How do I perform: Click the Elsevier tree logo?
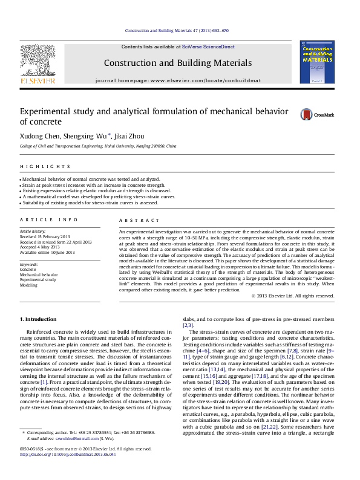(x=38, y=62)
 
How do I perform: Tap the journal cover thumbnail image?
(x=316, y=62)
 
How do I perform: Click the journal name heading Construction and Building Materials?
(x=177, y=63)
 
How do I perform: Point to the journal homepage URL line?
(x=177, y=80)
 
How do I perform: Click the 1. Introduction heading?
(x=39, y=319)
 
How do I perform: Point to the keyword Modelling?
(x=28, y=285)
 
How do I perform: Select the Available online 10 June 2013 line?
(x=47, y=252)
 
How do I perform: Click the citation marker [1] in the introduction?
(x=44, y=383)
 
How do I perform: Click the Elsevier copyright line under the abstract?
(x=292, y=296)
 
